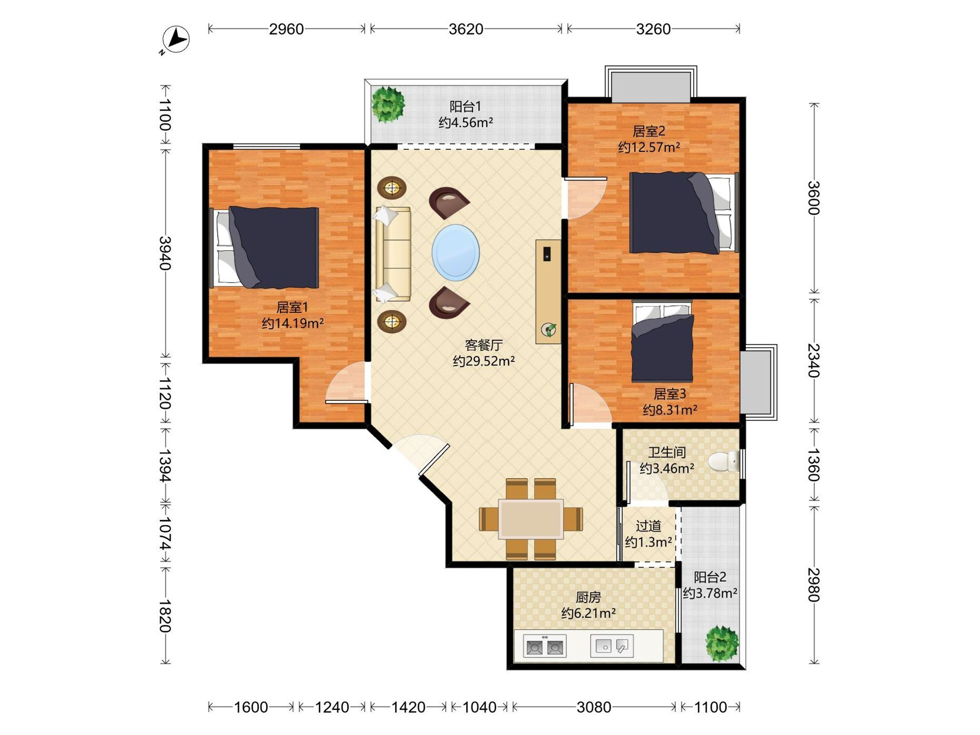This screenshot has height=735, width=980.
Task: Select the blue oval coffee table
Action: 455,252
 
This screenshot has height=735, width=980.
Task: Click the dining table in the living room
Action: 531,519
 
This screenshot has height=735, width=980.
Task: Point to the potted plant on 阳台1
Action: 388,105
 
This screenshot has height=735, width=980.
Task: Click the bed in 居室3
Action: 662,341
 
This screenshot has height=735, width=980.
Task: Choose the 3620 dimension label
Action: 465,29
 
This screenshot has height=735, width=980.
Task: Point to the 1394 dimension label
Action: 165,466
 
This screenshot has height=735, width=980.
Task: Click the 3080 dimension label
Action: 594,707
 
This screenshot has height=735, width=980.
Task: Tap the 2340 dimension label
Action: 814,360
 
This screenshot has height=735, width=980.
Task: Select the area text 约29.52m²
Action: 484,361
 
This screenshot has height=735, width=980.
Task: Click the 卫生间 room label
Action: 667,452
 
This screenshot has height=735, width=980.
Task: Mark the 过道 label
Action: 648,526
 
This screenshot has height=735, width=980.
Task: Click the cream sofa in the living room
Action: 393,254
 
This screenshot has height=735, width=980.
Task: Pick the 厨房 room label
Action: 588,597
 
